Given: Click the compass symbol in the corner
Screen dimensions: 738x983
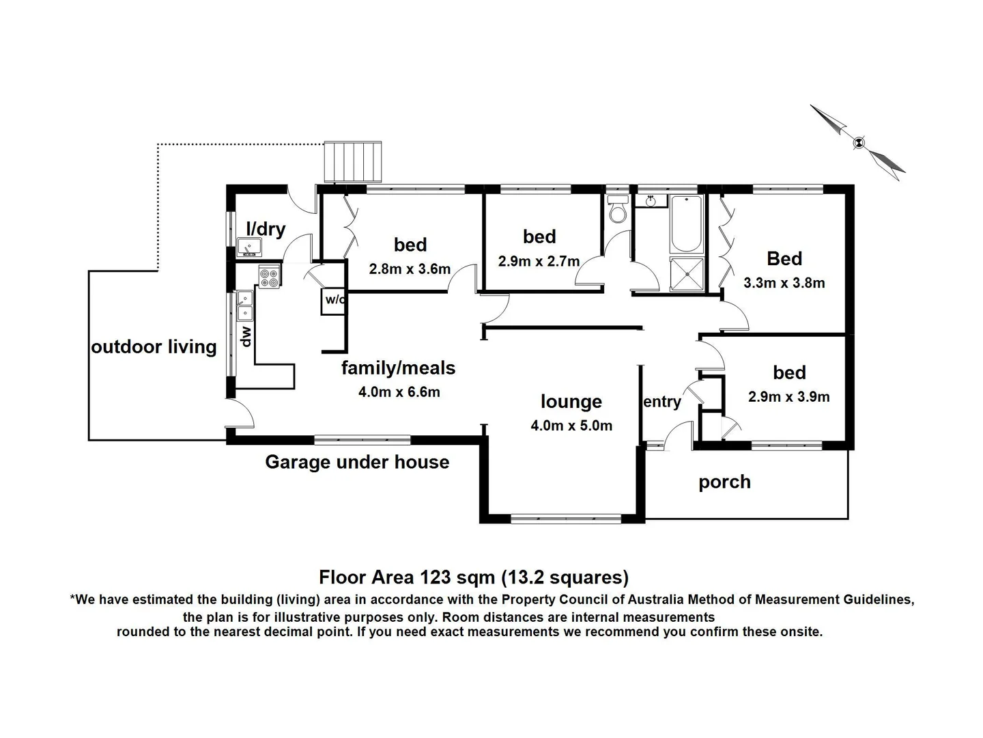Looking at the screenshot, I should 858,142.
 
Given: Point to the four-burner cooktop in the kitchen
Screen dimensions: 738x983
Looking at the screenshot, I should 269,277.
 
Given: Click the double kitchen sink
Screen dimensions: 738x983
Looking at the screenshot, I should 244,305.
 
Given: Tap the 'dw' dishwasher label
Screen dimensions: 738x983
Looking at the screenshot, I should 246,336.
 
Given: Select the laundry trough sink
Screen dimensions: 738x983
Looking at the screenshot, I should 248,247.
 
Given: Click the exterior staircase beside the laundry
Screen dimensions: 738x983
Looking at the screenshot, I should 352,162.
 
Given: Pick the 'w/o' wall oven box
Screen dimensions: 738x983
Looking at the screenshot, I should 334,300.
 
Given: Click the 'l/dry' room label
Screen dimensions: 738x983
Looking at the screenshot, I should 266,229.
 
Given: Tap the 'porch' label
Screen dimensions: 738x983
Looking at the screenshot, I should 724,482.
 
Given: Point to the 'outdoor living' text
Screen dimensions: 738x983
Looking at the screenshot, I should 154,347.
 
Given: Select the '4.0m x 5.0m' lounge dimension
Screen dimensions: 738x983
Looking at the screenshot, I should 571,426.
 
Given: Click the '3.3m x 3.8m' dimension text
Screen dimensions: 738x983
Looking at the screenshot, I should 784,283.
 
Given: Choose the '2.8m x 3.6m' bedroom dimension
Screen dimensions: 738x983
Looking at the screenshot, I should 410,269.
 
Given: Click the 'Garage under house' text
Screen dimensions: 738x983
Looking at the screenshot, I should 357,463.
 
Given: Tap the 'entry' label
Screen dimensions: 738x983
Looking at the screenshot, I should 661,402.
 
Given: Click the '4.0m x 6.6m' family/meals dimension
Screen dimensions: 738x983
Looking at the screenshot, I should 399,392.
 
